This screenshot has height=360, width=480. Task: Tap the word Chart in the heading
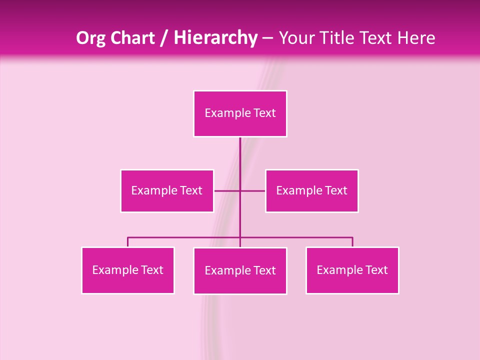tap(132, 38)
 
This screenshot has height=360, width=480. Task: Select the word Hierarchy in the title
tap(215, 38)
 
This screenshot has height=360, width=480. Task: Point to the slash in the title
tap(164, 38)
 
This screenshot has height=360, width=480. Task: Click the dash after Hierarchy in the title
tap(267, 38)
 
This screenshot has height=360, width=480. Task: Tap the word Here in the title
tap(416, 38)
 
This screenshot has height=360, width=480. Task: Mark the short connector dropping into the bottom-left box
tap(127, 242)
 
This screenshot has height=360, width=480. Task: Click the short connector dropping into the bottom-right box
tap(352, 242)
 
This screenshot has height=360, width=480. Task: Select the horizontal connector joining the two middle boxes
tap(227, 190)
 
